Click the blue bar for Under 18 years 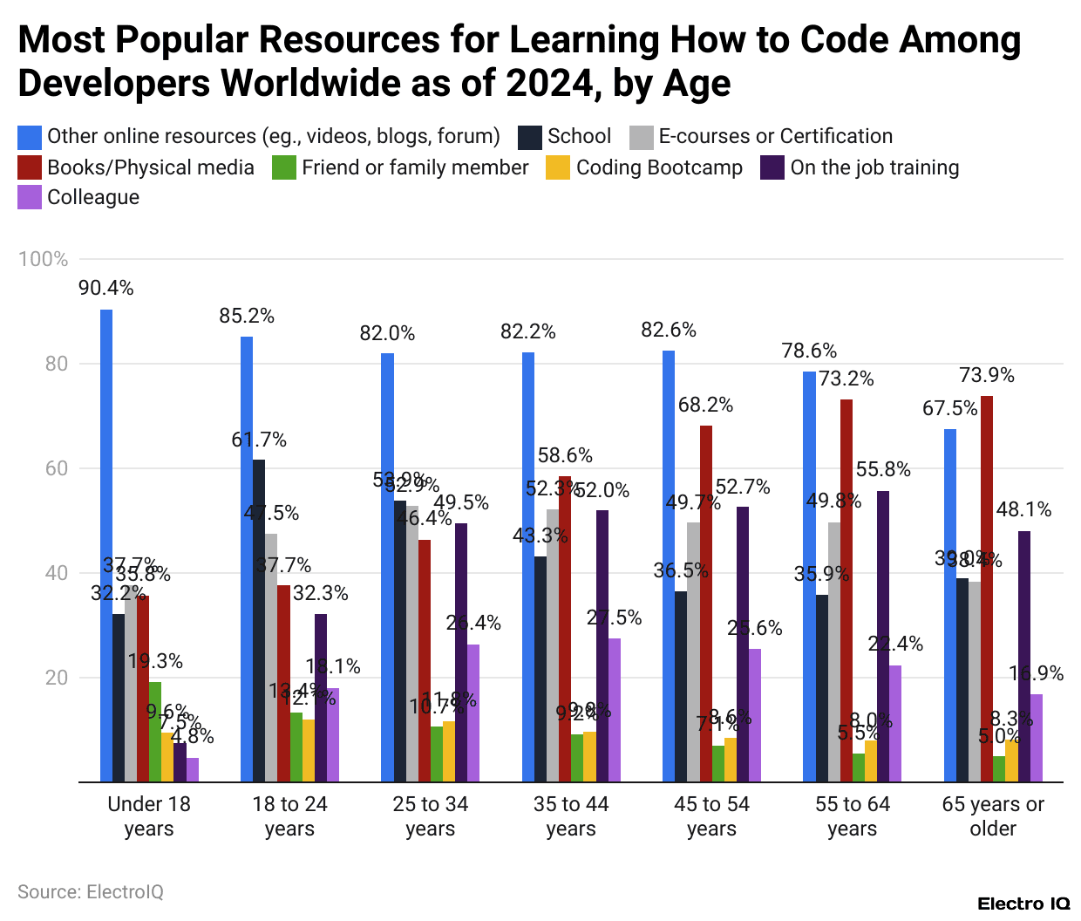coord(106,546)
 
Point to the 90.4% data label coord(106,289)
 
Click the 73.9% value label coord(987,376)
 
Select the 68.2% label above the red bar coord(706,406)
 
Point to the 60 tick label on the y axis coord(56,468)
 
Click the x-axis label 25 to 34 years coord(431,816)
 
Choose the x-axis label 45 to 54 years coord(711,816)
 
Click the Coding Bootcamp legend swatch coord(558,167)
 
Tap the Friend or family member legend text coord(415,167)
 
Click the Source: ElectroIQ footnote coord(91,892)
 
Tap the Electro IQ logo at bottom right coord(1023,904)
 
